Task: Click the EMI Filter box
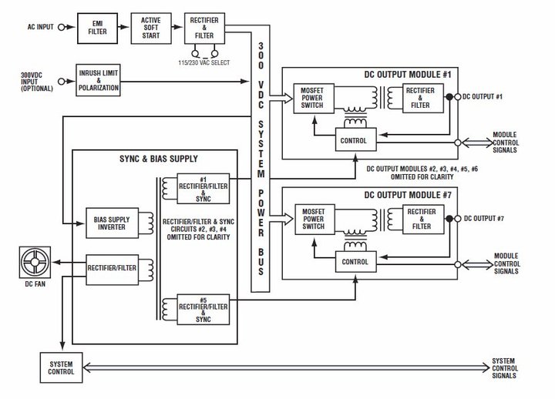pos(97,28)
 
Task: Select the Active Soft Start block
pos(151,28)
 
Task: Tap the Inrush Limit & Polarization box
pos(99,80)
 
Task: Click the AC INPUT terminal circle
pos(61,27)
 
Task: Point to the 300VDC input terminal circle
pos(61,82)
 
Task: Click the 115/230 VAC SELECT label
pos(203,62)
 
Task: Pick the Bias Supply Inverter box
pos(112,223)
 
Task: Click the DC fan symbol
pos(35,262)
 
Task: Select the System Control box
pos(61,367)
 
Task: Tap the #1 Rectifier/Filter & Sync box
pos(203,189)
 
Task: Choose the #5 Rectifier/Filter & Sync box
pos(203,309)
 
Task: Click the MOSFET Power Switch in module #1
pos(314,99)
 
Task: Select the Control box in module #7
pos(355,262)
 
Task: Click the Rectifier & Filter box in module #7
pos(423,220)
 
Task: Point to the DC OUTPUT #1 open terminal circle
pos(457,97)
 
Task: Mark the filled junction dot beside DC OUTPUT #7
pos(449,219)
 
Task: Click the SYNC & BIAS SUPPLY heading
pos(159,159)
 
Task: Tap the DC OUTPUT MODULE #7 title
pos(408,195)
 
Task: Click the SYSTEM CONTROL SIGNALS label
pos(505,368)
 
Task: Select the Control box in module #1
pos(355,140)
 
